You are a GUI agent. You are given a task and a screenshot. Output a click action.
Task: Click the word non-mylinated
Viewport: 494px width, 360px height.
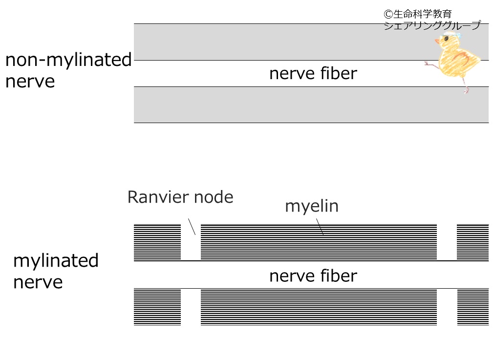(68, 60)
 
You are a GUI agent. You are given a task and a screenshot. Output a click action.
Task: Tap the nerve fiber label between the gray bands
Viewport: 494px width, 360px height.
(313, 73)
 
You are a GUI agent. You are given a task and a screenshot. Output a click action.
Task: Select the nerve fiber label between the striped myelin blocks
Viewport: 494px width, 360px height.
(313, 276)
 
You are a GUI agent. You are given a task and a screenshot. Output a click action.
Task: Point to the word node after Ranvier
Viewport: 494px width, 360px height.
(214, 197)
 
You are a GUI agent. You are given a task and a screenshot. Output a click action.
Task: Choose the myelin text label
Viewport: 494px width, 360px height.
(312, 207)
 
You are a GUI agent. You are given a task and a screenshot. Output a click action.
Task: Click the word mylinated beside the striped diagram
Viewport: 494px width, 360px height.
(56, 260)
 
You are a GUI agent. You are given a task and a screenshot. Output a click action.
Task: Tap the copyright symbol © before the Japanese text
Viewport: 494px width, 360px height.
(388, 14)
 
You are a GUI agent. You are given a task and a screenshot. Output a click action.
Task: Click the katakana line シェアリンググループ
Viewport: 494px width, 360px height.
(432, 25)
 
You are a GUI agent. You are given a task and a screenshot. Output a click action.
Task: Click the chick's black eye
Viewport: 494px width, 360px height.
(446, 39)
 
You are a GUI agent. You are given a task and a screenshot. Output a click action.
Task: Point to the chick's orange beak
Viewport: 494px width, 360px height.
(437, 41)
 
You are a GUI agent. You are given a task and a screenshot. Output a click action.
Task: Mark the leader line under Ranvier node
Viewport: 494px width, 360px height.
(192, 227)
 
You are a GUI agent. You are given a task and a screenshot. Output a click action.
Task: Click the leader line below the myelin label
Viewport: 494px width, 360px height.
(320, 227)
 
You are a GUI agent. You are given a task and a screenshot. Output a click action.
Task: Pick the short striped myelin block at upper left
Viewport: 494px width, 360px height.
(157, 242)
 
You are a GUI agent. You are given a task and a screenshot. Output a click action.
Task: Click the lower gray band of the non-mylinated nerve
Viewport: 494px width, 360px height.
(311, 105)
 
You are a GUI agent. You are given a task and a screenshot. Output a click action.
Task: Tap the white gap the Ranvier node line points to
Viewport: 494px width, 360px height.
(191, 242)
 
